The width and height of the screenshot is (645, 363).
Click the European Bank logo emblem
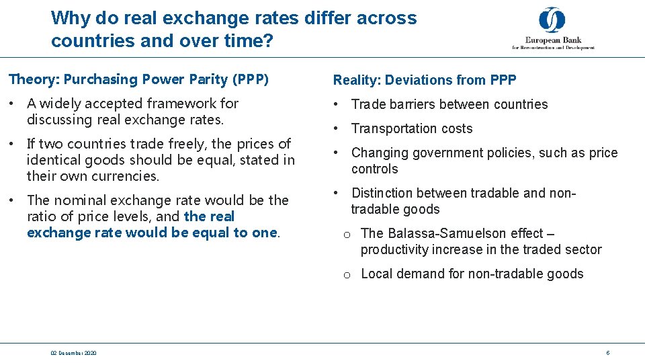coord(552,21)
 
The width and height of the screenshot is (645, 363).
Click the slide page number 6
coord(607,353)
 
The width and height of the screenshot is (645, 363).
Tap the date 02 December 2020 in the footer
coord(73,353)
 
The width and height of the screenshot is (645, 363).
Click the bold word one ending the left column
coord(267,233)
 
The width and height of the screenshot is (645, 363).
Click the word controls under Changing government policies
coord(375,169)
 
